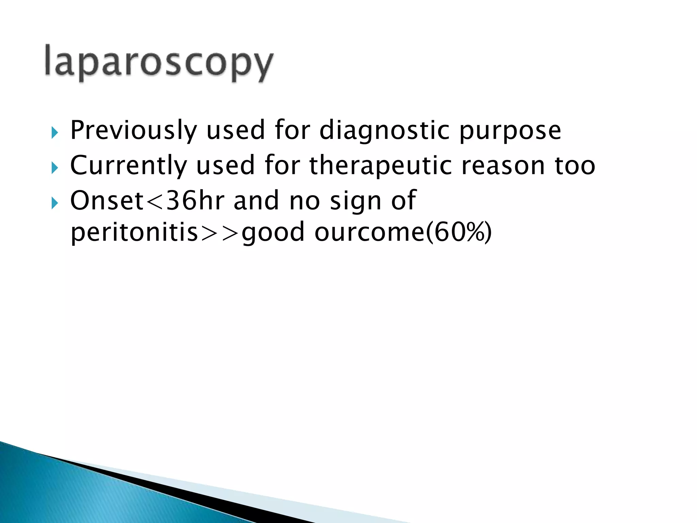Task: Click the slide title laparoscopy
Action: pyautogui.click(x=159, y=63)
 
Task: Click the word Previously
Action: pyautogui.click(x=133, y=130)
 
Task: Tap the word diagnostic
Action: pyautogui.click(x=385, y=130)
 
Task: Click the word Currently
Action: pyautogui.click(x=128, y=166)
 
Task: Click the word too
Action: pyautogui.click(x=575, y=166)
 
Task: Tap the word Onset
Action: pyautogui.click(x=107, y=201)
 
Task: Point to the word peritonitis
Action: pyautogui.click(x=134, y=233)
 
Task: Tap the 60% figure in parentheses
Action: pyautogui.click(x=458, y=233)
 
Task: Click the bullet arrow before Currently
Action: pyautogui.click(x=54, y=168)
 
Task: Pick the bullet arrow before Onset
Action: pyautogui.click(x=54, y=203)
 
